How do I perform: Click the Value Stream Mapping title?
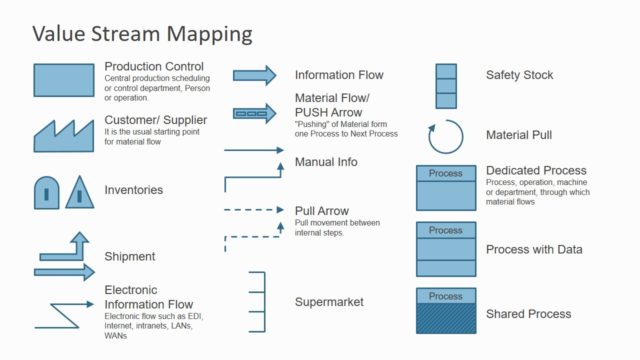pyautogui.click(x=141, y=33)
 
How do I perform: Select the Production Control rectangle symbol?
pyautogui.click(x=63, y=78)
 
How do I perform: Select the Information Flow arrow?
pyautogui.click(x=254, y=75)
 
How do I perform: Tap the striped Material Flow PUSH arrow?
pyautogui.click(x=254, y=113)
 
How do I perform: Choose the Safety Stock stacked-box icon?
pyautogui.click(x=446, y=86)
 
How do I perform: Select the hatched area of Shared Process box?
pyautogui.click(x=446, y=319)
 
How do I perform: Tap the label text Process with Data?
pyautogui.click(x=533, y=250)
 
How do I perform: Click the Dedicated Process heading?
pyautogui.click(x=536, y=171)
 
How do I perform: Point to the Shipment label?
pyautogui.click(x=130, y=257)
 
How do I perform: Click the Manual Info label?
pyautogui.click(x=326, y=162)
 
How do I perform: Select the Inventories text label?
pyautogui.click(x=133, y=190)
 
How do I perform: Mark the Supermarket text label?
pyautogui.click(x=329, y=301)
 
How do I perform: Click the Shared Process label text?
pyautogui.click(x=528, y=314)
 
